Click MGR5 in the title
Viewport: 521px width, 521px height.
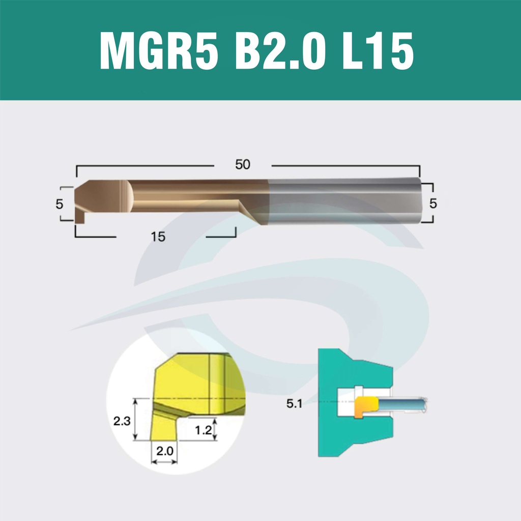pos(159,50)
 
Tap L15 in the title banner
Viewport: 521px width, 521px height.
pos(378,50)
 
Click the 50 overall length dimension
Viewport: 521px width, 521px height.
pos(243,164)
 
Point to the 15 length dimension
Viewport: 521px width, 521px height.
pos(158,237)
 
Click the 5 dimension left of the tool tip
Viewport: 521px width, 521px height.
pos(59,204)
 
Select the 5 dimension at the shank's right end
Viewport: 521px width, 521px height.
pos(432,204)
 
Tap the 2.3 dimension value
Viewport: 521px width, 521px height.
pos(122,421)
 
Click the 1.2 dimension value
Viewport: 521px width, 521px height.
pos(203,430)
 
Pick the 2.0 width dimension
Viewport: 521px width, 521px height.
pos(165,451)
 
